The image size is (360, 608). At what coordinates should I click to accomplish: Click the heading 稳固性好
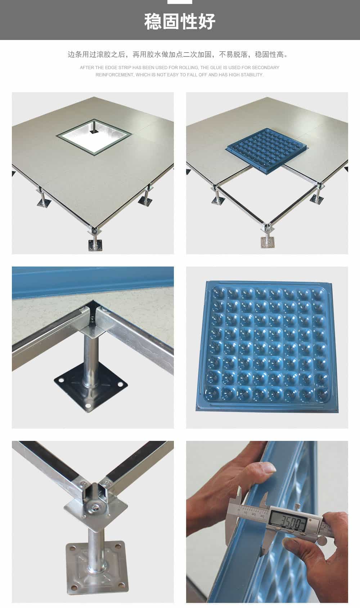pos(180,22)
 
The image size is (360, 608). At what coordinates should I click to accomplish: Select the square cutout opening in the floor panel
pos(94,137)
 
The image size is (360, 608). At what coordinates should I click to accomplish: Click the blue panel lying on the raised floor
pos(267,151)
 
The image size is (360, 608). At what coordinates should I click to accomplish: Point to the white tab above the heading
pos(180,2)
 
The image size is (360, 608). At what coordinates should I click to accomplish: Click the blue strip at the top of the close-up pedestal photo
pos(93,282)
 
